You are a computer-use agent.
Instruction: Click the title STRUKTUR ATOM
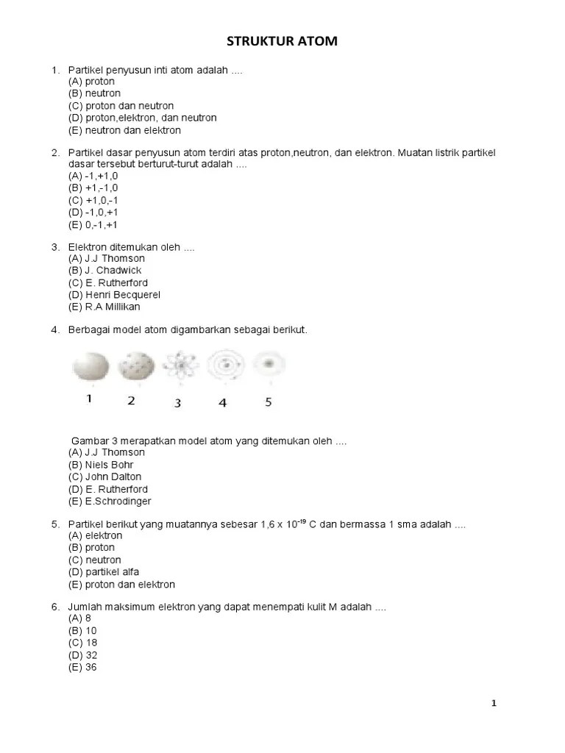[x=282, y=42]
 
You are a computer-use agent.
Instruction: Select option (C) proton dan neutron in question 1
[x=121, y=106]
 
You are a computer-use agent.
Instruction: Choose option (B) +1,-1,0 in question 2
[x=93, y=188]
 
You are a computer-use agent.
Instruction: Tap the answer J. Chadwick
[x=105, y=271]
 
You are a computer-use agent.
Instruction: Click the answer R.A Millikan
[x=104, y=307]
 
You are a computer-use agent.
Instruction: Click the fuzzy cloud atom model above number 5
[x=269, y=364]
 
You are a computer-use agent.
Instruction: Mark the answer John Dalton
[x=104, y=477]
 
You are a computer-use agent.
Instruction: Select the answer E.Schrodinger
[x=110, y=502]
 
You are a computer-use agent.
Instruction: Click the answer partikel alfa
[x=104, y=572]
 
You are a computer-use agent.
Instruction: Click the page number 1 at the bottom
[x=494, y=704]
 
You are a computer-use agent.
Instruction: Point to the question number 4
[x=54, y=330]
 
